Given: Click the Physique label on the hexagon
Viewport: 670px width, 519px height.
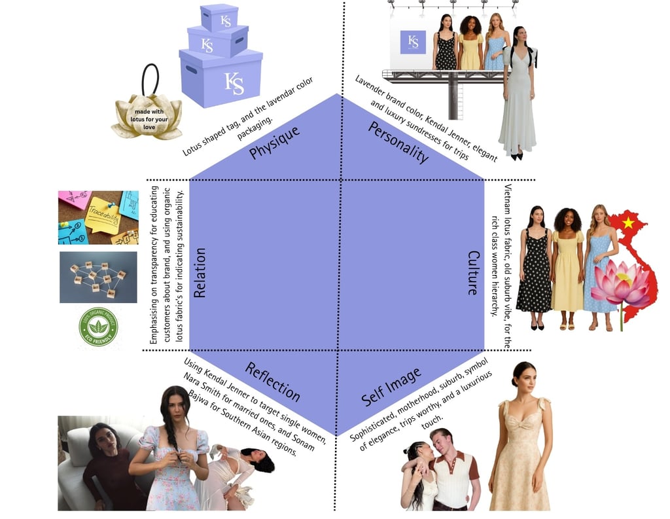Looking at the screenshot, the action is coord(274,142).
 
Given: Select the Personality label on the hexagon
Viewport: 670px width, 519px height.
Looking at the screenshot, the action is coord(398,141).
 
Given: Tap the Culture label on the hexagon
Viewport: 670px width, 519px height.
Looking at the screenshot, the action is coord(473,272).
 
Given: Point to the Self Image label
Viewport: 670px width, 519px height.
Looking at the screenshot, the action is coord(391,387).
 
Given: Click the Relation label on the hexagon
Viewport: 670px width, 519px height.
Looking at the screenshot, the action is coord(200,272).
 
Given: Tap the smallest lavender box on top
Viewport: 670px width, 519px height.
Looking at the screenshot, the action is coord(219,18).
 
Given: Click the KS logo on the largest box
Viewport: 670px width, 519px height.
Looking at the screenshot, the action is coord(234,84).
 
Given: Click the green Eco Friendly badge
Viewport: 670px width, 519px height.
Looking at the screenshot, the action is coord(98,326).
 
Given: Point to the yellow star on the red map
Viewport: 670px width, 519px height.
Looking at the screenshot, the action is coord(629,223).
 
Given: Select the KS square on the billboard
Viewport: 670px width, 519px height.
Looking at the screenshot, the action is coord(413,42).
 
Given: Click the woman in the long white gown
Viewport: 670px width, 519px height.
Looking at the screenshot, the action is coord(518,98).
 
